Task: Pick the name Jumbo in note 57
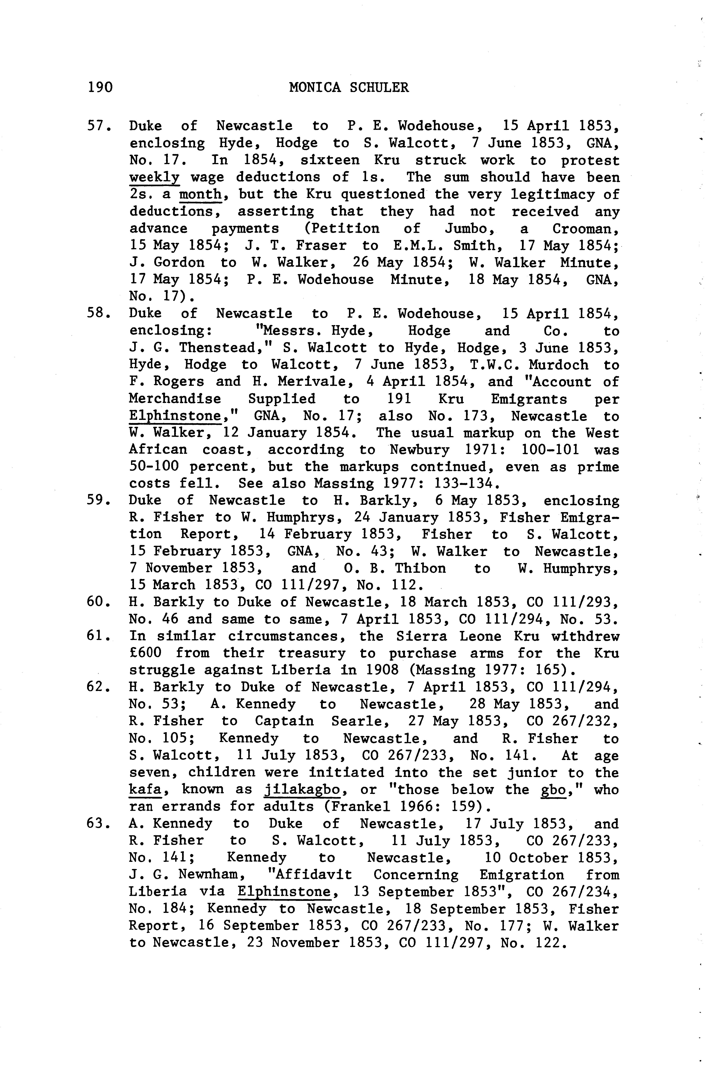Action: tap(470, 228)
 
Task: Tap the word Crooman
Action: tap(584, 228)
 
